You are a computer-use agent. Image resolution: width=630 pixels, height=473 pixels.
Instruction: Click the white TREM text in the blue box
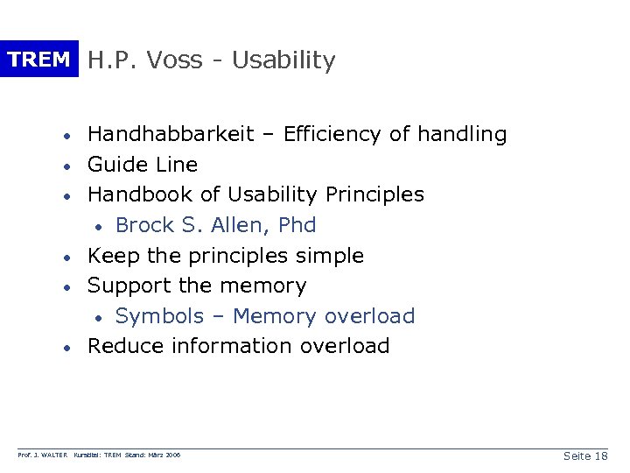click(38, 60)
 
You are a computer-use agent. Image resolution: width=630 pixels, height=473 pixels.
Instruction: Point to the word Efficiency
click(334, 134)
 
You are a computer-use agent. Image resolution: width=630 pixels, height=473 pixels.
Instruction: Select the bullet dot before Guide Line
click(66, 166)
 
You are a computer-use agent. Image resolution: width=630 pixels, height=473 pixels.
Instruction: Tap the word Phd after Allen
click(297, 225)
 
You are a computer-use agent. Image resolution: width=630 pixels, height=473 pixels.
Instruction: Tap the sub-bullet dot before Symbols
click(101, 317)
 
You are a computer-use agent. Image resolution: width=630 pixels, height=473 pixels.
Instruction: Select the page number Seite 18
click(585, 456)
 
